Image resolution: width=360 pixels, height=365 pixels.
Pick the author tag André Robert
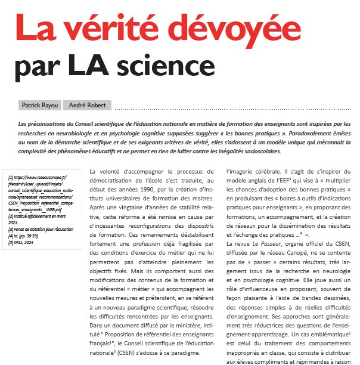88,105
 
